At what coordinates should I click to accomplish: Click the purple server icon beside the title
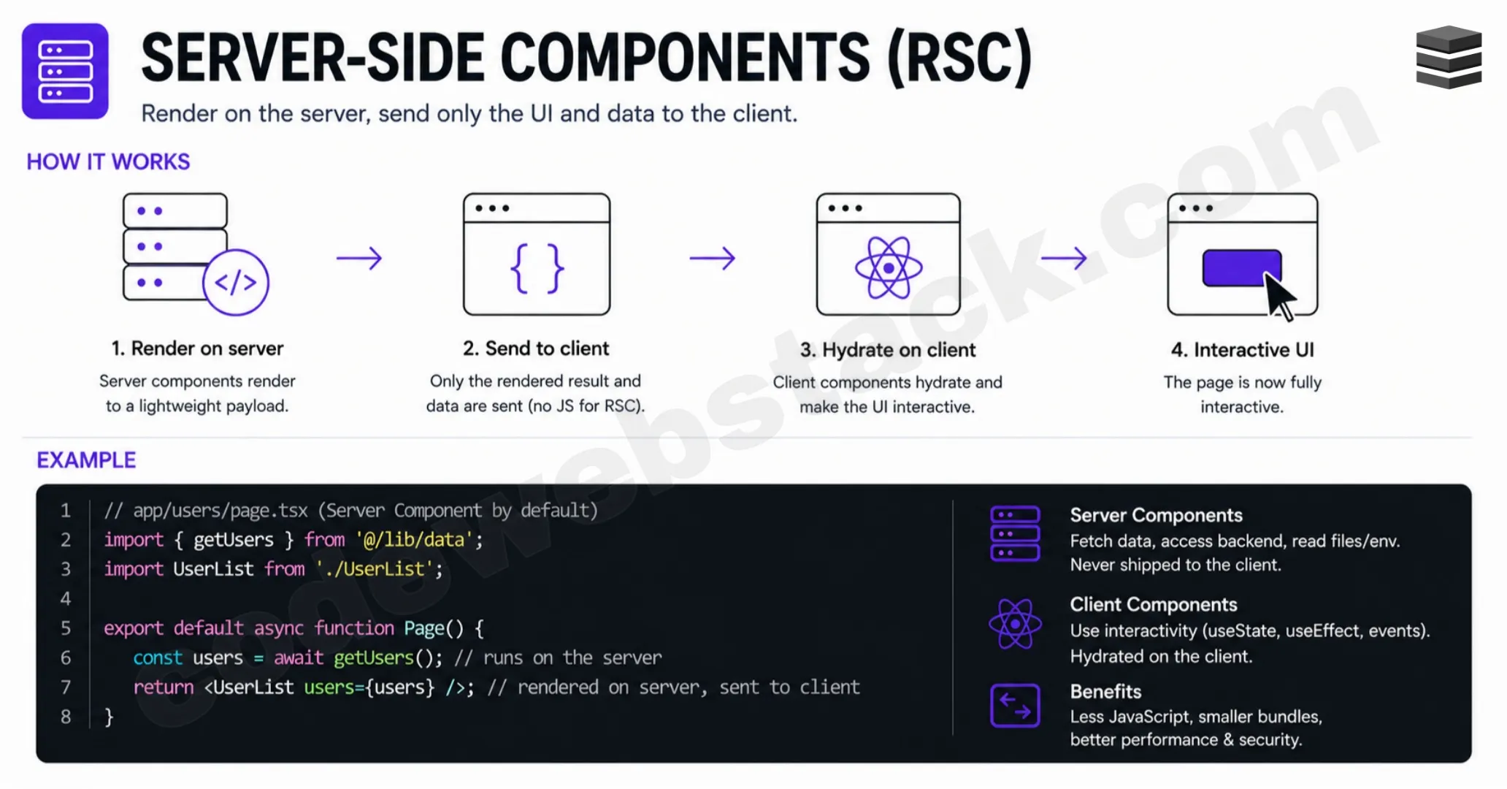[65, 71]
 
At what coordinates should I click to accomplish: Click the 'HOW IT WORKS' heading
[108, 161]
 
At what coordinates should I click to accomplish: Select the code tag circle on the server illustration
[236, 282]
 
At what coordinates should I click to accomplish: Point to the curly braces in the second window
[537, 268]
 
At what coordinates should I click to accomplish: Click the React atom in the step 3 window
[889, 268]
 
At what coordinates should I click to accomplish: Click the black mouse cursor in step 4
[1279, 297]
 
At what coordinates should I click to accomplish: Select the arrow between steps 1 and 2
[359, 258]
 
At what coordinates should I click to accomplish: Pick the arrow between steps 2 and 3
[713, 258]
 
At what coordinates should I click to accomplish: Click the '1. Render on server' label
[197, 348]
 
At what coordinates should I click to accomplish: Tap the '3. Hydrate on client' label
[887, 350]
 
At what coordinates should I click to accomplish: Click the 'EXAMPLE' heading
[86, 460]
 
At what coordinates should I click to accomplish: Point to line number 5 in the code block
[66, 628]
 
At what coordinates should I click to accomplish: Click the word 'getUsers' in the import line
[234, 540]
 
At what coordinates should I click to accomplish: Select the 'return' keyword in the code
[164, 687]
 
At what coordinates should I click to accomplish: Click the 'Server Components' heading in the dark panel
[1156, 515]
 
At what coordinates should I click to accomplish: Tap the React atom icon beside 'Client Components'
[1015, 624]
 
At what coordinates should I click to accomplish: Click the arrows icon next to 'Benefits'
[1015, 706]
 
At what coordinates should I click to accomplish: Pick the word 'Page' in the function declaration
[424, 628]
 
